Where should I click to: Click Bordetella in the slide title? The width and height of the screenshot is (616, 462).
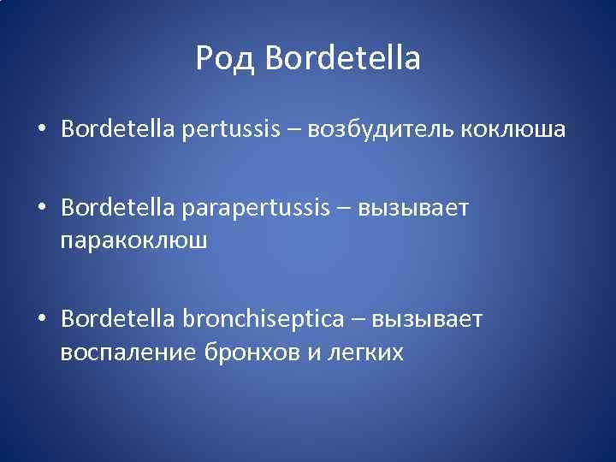[x=343, y=59]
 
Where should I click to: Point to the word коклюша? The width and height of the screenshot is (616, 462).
[x=513, y=129]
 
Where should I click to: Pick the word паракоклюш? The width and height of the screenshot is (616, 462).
[x=133, y=240]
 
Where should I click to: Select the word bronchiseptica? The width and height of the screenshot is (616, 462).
[x=262, y=319]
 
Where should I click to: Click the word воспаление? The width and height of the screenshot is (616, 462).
[x=127, y=351]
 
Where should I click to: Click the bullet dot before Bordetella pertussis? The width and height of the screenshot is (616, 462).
[x=41, y=130]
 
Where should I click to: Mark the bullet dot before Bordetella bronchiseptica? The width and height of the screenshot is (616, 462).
[x=41, y=320]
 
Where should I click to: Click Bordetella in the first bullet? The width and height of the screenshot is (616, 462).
[x=116, y=129]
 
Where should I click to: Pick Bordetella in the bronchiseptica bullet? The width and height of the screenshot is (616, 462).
[x=116, y=319]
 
